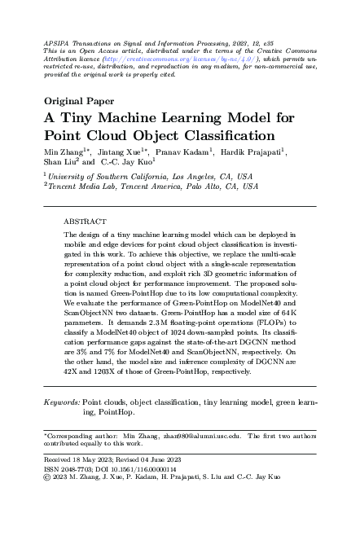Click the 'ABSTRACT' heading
85,221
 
